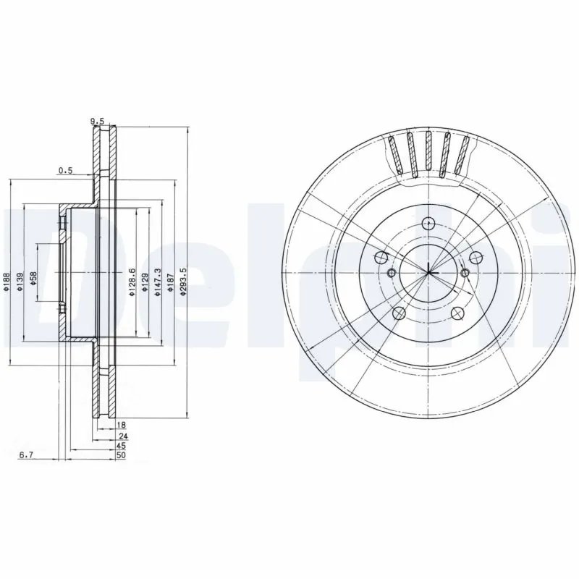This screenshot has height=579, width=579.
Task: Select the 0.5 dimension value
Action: pyautogui.click(x=66, y=171)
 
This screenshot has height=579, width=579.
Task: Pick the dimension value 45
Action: pyautogui.click(x=122, y=447)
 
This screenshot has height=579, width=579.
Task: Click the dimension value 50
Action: pyautogui.click(x=122, y=456)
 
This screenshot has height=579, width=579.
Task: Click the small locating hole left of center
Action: pyautogui.click(x=391, y=273)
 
